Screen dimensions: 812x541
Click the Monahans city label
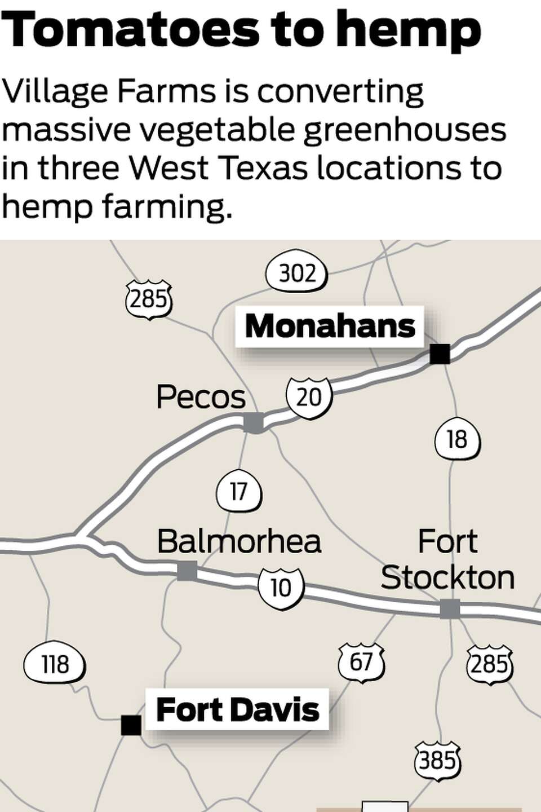tap(330, 326)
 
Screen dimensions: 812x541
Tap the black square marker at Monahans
tap(440, 354)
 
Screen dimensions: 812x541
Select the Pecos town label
tap(201, 397)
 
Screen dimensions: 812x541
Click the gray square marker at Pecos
tap(254, 422)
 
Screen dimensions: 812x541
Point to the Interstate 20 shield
tap(309, 398)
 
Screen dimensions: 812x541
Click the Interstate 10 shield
tap(281, 588)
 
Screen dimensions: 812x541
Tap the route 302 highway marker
tap(296, 274)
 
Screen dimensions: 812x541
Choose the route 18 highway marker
tap(457, 439)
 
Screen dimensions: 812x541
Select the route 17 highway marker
tap(239, 492)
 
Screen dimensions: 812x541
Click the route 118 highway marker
tap(55, 665)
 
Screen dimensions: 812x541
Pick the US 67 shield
tap(361, 662)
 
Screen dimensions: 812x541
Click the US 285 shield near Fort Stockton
tap(489, 664)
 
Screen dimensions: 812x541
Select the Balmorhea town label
tap(239, 541)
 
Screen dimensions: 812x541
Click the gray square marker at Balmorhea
tap(187, 571)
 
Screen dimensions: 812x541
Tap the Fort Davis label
tap(237, 709)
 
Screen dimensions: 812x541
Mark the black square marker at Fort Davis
tap(131, 725)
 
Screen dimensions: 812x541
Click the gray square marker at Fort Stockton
tap(450, 609)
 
